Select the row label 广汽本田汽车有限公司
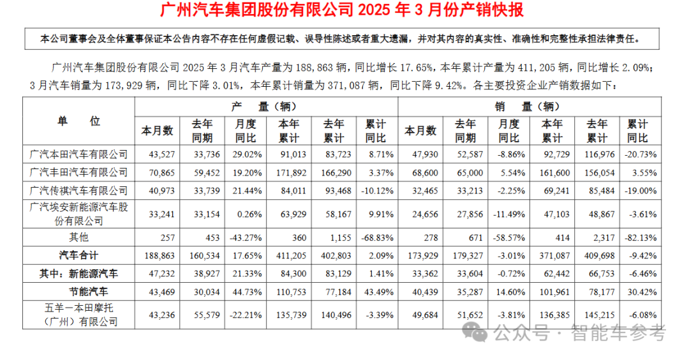78,154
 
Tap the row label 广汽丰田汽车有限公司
78,172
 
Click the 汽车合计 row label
78,255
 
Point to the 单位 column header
78,121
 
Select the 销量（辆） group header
526,106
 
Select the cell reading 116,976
597,154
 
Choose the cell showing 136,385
552,315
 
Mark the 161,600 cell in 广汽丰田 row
552,172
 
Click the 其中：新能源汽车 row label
78,273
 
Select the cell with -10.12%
376,190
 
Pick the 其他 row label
78,237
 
